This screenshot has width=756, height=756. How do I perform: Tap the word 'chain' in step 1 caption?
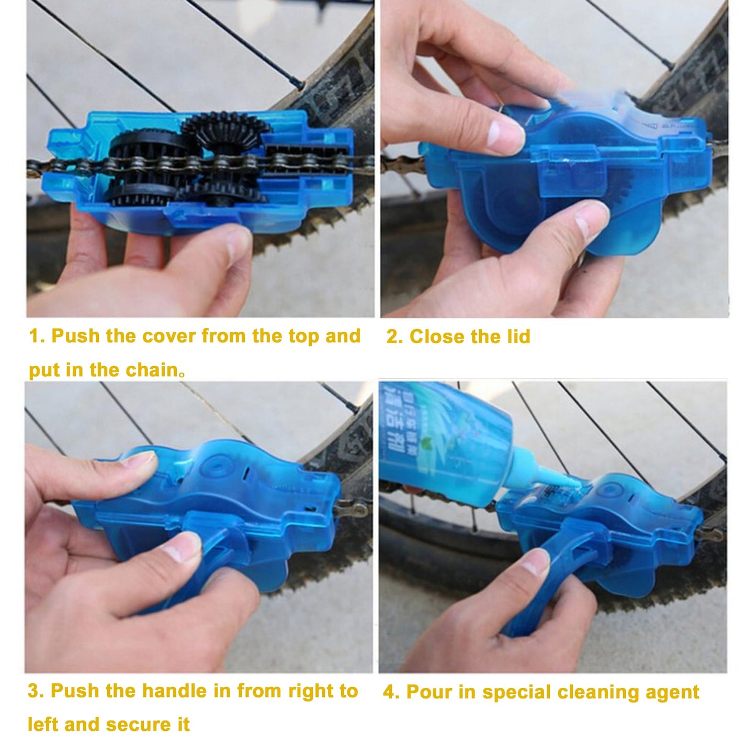(x=151, y=370)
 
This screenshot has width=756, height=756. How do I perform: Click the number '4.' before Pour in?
(x=391, y=692)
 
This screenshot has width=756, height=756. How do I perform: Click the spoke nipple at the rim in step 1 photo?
(x=298, y=83)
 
